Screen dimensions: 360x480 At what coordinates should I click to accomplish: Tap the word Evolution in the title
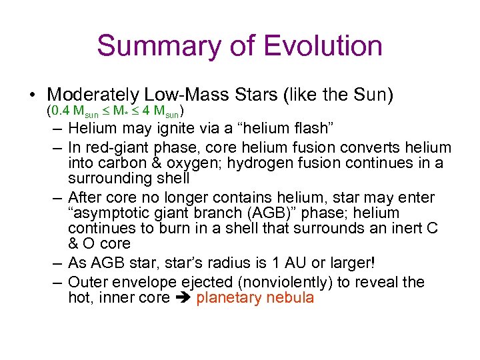pos(323,47)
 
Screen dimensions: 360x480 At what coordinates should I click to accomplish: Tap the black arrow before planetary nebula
pos(183,298)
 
